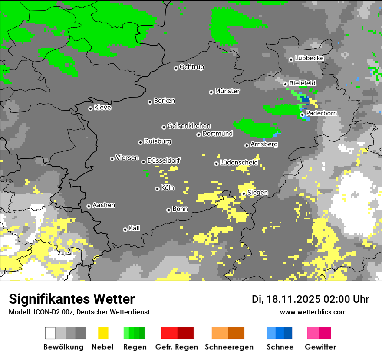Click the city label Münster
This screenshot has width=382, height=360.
coord(227,91)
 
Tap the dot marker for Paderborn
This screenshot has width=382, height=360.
coord(302,115)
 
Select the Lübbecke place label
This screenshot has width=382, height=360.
coord(309,58)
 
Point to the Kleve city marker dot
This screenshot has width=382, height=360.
coord(90,108)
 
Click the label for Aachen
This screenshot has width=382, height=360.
coord(104,205)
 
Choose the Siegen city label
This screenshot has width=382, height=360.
coord(257,193)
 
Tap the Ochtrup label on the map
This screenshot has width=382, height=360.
coord(191,67)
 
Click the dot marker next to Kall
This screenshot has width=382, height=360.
coord(125,229)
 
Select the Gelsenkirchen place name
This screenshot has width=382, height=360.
coord(189,126)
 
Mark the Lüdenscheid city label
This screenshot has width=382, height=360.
coord(239,163)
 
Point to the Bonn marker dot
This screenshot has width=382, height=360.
coord(168,210)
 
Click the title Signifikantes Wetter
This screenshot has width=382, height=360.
coord(72,299)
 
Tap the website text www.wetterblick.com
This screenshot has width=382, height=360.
coord(313,312)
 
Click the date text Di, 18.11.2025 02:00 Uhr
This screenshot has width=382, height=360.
coord(310,299)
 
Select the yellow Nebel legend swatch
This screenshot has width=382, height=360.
coord(103,333)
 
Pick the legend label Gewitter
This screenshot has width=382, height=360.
coord(320,347)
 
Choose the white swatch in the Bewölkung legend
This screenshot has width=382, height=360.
coord(50,333)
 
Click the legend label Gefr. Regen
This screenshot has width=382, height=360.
coord(177,347)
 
